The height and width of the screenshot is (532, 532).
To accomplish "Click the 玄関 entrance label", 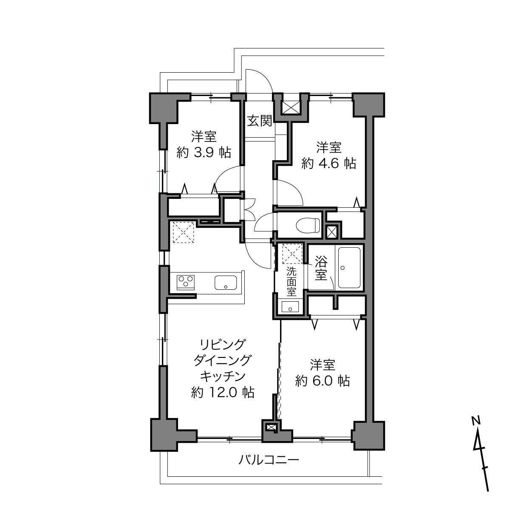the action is pos(260,121).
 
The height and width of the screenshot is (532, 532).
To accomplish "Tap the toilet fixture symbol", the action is pos(308,225).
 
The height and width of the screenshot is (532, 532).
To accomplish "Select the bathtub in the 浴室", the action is pos(349,268).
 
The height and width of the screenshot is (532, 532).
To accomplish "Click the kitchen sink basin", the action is pos(226,283).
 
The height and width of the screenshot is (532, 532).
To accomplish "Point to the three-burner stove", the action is pos(186,283).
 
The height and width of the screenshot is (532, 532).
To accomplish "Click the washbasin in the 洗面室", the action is pos(290,307).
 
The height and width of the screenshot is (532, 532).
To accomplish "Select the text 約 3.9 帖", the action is pos(204,152).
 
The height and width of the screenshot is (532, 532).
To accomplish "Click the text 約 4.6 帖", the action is pos(328,163).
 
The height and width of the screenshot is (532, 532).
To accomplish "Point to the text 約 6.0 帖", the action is pos(323,381).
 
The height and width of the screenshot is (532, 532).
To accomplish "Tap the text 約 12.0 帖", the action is pos(223,392).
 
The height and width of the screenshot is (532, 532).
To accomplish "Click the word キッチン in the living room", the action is pos(223,376).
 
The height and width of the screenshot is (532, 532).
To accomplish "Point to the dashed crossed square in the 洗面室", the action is pos(292,254).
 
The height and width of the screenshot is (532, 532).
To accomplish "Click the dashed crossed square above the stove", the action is pos(183,232).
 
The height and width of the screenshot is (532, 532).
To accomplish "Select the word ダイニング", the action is pos(223,360).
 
